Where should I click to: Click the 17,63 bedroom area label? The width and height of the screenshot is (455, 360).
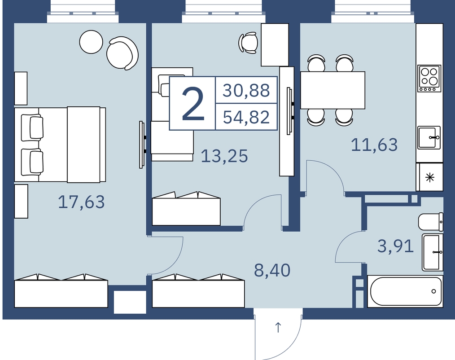pos(81,202)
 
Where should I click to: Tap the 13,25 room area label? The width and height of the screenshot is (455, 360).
pos(224,156)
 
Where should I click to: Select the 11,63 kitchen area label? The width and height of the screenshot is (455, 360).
pos(374,145)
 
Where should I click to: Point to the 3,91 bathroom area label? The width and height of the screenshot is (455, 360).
pos(395,246)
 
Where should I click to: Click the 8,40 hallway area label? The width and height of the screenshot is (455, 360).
pos(272,270)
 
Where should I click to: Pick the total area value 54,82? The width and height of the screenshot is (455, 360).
pos(246,117)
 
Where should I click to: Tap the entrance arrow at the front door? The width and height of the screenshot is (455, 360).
pos(278,328)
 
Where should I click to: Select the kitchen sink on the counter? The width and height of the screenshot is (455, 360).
pos(429,138)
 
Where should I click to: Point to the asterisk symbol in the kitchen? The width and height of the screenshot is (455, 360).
pos(430,177)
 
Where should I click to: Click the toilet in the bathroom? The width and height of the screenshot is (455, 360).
pos(431,222)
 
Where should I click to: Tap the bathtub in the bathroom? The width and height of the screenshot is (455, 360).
pos(405,291)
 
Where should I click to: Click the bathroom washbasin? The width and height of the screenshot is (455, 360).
pos(433,252)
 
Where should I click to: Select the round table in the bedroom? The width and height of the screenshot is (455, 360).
pos(91,42)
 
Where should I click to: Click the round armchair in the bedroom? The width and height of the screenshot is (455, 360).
pos(122,53)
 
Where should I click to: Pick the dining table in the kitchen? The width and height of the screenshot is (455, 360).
pos(332,90)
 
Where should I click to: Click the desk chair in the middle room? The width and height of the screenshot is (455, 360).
pos(249,43)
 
